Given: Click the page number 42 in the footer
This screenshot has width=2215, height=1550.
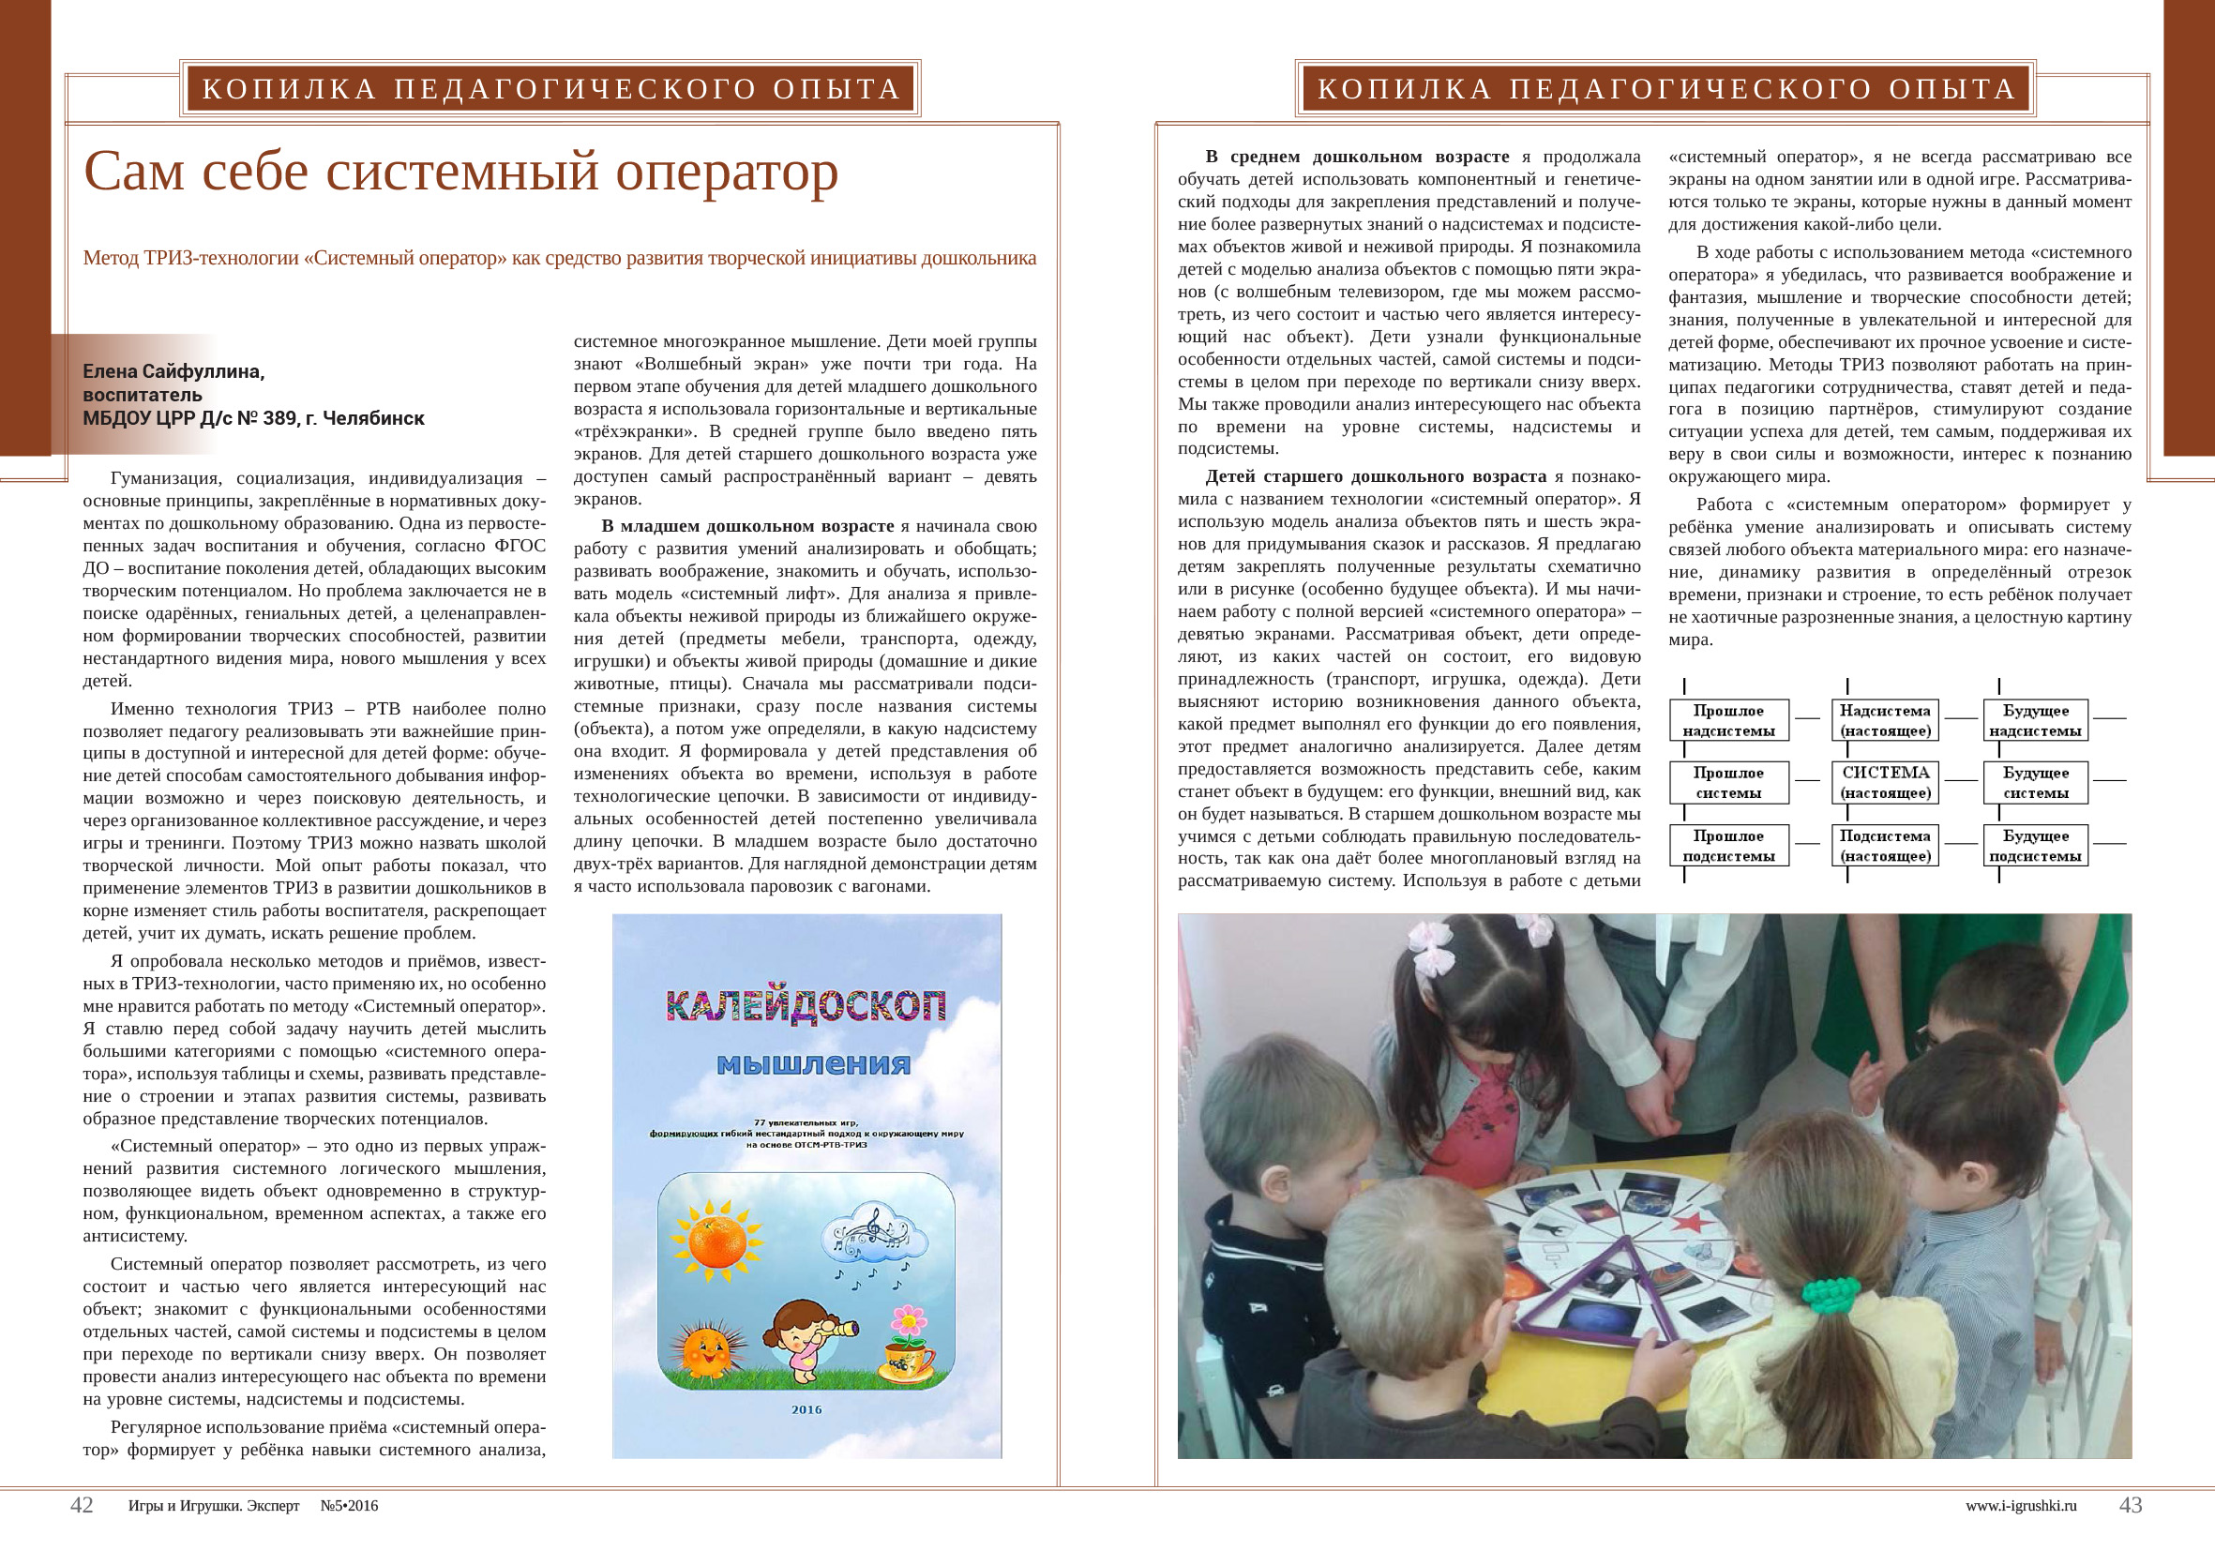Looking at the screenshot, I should pos(82,1505).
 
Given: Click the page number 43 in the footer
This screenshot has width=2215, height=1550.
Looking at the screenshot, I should pos(2130,1505).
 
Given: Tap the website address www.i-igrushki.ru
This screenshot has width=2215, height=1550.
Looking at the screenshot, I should pos(2020,1506).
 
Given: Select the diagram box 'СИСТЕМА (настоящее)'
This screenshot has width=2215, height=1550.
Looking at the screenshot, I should pos(1885,782).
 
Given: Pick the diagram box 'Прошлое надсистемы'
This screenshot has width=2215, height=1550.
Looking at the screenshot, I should pos(1729,720).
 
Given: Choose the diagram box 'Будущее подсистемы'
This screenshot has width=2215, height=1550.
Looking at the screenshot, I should pos(2036,845).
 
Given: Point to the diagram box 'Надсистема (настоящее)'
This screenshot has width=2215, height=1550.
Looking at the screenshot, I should pos(1885,720).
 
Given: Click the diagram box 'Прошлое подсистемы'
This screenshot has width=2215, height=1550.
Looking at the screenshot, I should pos(1729,845).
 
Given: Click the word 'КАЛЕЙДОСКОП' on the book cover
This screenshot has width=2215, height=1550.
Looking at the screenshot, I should pos(806,1006).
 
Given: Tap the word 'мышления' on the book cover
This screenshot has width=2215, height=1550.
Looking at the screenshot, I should pos(813,1064).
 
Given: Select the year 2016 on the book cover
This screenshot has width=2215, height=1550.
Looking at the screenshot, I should pos(806,1409).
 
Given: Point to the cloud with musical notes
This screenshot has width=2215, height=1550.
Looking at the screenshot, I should pos(873,1237).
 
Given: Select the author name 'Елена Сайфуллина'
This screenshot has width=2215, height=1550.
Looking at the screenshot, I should pos(173,371).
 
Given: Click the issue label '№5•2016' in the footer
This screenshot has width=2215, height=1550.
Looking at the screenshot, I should pos(349,1506).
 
